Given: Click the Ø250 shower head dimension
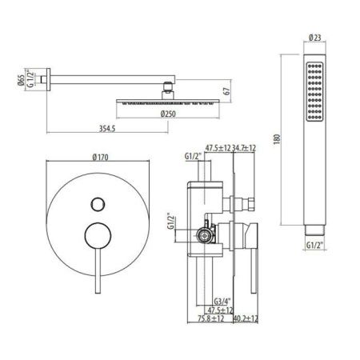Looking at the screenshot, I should (x=168, y=113).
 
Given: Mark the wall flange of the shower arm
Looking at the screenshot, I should (x=53, y=78).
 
